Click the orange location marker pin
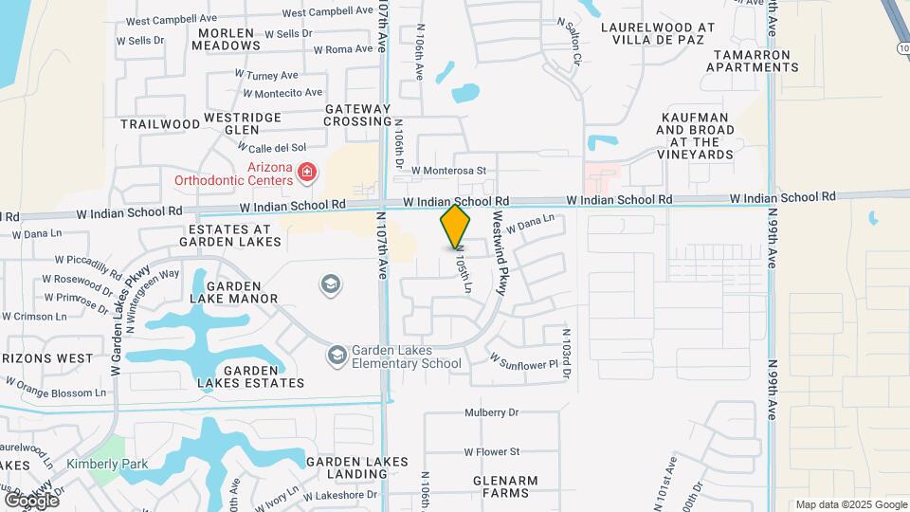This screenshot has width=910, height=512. click(456, 226)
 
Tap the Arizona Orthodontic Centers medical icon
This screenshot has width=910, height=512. click(306, 172)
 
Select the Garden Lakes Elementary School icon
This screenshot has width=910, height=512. click(337, 356)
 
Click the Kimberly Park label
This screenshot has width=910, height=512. click(107, 465)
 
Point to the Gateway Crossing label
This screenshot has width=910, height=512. click(358, 116)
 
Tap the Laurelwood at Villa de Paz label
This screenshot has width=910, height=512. click(658, 34)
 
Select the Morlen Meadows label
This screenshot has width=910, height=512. click(226, 39)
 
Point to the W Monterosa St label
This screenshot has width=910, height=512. click(448, 171)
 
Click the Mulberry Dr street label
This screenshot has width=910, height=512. click(492, 412)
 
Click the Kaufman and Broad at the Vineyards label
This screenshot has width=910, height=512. click(695, 135)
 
